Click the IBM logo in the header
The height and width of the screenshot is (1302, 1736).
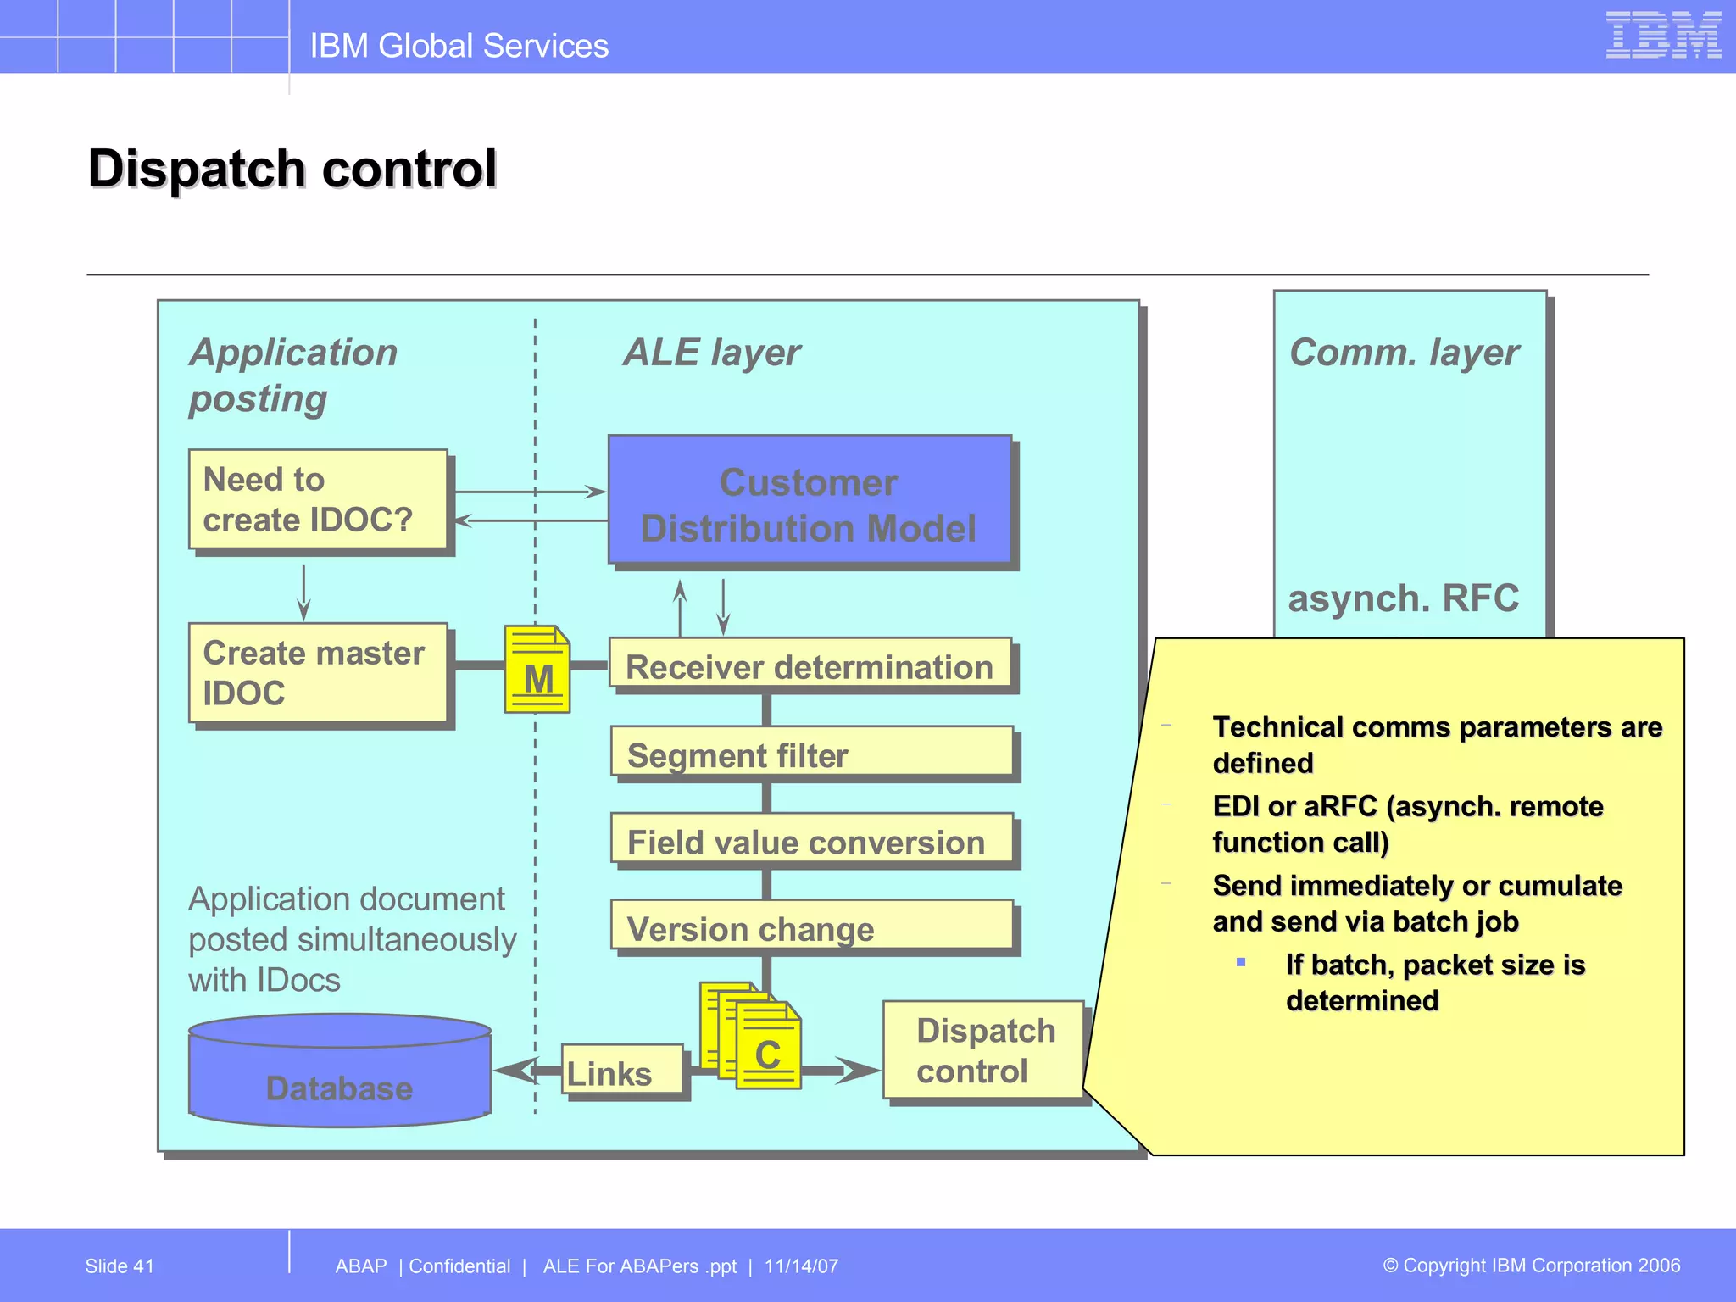tap(1662, 36)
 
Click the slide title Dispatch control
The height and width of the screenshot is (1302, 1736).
tap(292, 169)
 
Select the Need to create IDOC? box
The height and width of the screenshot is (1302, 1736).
tap(318, 499)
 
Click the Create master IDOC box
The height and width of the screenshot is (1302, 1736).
tap(318, 673)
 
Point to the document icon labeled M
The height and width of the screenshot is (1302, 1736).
tap(537, 670)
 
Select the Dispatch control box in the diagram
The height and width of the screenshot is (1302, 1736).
tap(983, 1050)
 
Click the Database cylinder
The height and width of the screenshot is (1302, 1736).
tap(339, 1072)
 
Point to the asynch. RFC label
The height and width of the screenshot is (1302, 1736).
tap(1403, 598)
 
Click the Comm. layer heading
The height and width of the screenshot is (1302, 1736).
tap(1403, 353)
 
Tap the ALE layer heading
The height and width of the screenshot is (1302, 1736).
tap(711, 353)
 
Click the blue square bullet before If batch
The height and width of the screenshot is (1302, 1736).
tap(1241, 962)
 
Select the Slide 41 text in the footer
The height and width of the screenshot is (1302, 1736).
tap(120, 1266)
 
